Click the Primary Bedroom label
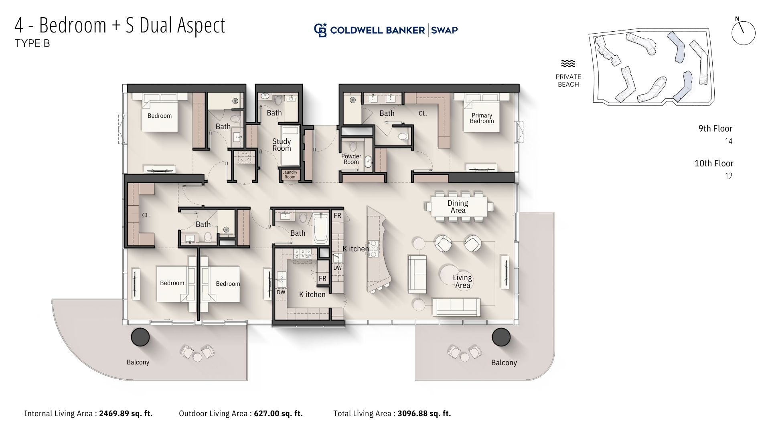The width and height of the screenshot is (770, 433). [482, 118]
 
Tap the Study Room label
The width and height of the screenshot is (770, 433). [282, 145]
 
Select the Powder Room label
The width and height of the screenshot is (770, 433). [351, 159]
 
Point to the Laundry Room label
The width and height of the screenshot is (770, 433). [290, 174]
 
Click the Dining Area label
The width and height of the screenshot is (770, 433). [458, 207]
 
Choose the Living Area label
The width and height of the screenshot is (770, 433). [462, 281]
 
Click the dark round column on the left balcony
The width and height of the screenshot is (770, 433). [140, 337]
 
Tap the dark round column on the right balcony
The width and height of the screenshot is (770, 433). [501, 337]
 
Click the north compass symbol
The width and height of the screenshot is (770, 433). [743, 32]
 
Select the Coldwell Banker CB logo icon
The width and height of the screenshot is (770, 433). [320, 30]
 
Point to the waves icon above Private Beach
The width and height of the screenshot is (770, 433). [568, 63]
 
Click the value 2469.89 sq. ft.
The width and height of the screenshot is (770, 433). [126, 413]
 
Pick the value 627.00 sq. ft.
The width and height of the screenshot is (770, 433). [278, 413]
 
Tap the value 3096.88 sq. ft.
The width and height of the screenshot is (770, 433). [424, 413]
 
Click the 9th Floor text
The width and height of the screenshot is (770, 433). [715, 129]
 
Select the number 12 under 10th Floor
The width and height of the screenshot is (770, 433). [729, 176]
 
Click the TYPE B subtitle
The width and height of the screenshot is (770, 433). [32, 43]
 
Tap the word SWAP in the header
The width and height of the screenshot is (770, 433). [445, 30]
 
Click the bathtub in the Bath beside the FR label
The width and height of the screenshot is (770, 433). [321, 228]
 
